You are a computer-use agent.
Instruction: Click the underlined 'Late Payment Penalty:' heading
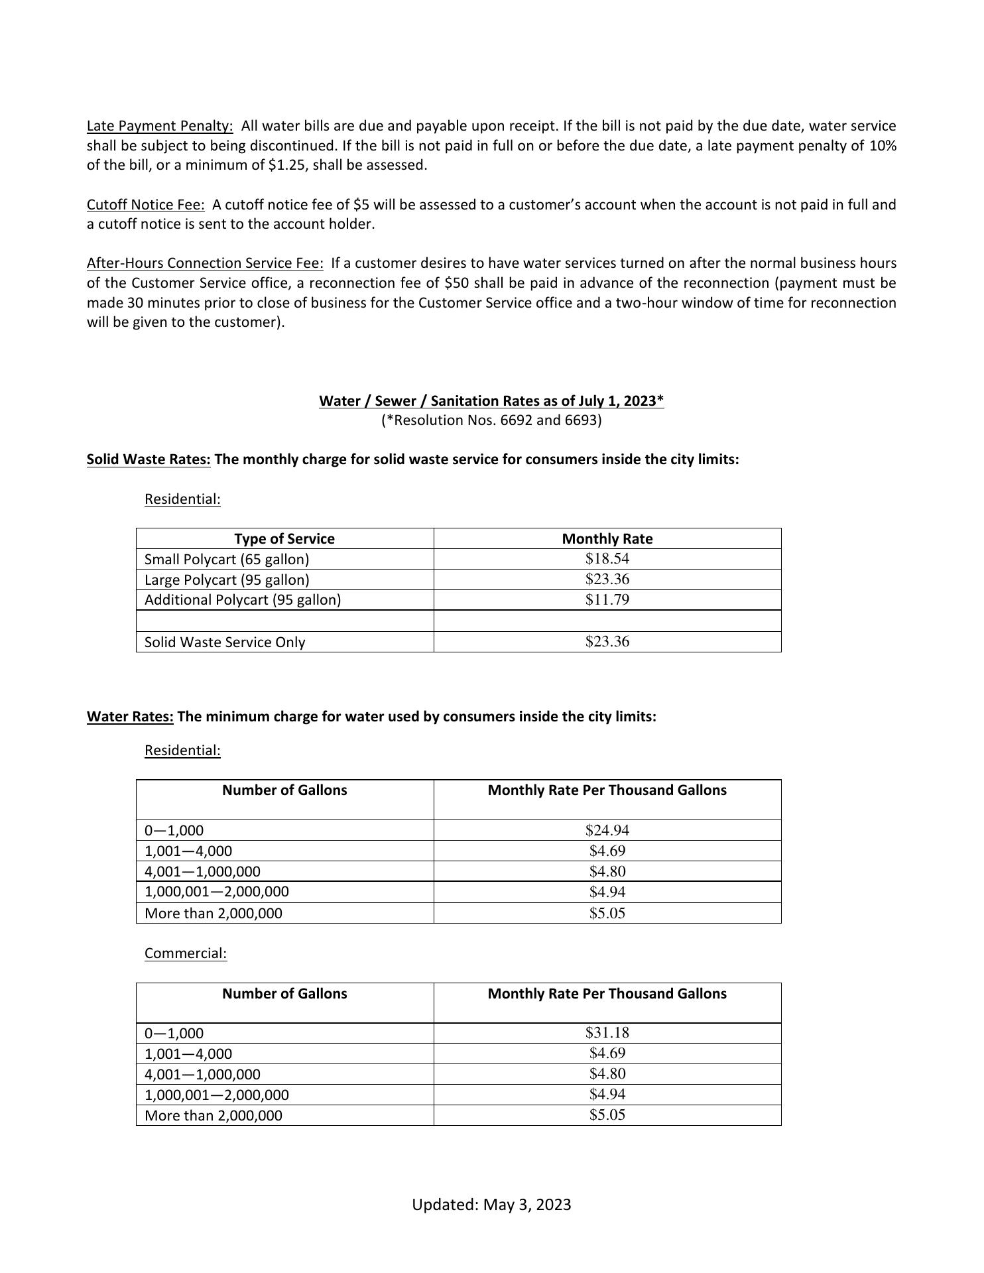tap(160, 126)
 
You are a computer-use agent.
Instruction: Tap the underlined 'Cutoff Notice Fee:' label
tap(145, 205)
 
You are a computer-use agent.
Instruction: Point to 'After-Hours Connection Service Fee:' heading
tap(205, 263)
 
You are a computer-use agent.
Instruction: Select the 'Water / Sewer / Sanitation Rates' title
tap(491, 401)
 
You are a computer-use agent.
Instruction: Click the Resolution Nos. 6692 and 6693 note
tap(491, 420)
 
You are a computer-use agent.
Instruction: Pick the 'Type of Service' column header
tap(284, 539)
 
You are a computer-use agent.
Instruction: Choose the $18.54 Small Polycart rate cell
tap(607, 559)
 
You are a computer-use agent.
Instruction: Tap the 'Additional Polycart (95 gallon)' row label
tap(243, 600)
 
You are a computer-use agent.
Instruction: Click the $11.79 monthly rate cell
tap(607, 600)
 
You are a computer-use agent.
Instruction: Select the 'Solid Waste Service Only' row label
tap(225, 642)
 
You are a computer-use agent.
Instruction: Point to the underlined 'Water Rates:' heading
tap(130, 717)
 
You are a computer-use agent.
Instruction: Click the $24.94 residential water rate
tap(607, 830)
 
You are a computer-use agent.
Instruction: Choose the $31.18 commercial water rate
tap(607, 1033)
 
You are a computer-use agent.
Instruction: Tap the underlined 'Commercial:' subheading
tap(186, 953)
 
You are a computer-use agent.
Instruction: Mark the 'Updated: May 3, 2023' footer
tap(491, 1205)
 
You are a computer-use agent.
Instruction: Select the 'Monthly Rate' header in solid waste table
tap(607, 539)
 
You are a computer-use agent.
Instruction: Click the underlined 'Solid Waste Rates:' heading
tap(149, 459)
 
